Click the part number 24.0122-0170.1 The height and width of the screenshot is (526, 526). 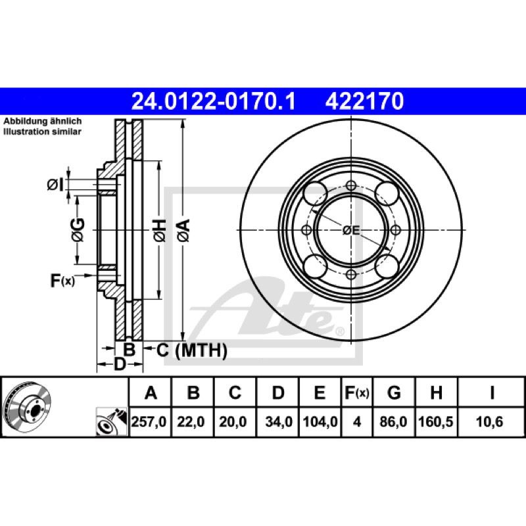(214, 101)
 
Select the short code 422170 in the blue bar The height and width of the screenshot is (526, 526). (364, 101)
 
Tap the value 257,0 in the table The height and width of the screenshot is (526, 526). (149, 421)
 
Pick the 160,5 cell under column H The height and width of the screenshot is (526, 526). (435, 421)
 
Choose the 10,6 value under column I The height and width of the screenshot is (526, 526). (489, 421)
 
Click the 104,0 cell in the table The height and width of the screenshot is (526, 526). (320, 421)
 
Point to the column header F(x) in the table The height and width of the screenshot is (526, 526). (357, 393)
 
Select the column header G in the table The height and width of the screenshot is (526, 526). (394, 393)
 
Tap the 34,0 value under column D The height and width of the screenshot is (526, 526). (279, 421)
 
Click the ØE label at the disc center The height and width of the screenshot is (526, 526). (351, 230)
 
